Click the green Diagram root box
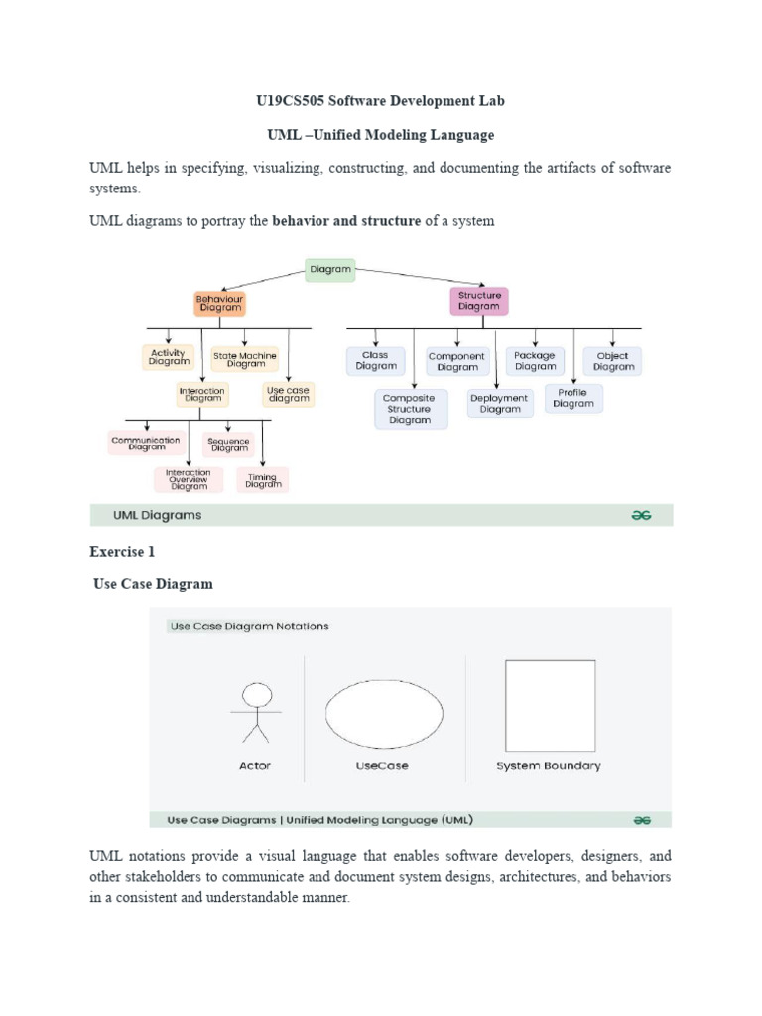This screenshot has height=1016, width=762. point(329,269)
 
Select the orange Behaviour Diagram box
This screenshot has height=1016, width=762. point(219,302)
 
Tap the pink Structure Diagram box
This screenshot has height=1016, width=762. point(479,301)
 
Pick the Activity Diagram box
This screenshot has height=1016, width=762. point(169,357)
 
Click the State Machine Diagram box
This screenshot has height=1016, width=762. point(245,359)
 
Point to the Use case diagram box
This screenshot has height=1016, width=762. point(289,394)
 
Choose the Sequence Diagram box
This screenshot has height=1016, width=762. point(229,444)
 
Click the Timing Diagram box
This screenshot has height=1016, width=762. point(263,480)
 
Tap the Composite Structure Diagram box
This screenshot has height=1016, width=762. point(410,409)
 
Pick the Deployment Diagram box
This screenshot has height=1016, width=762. point(499,403)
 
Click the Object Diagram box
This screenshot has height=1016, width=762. point(612,361)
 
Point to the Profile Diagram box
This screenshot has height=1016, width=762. point(573,398)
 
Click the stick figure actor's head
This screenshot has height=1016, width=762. point(257,694)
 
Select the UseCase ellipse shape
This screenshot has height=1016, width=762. point(384,714)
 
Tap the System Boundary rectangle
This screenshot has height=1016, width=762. point(550,705)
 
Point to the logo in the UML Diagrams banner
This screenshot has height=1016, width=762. point(642,515)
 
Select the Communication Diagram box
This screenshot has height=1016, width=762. point(146,444)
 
